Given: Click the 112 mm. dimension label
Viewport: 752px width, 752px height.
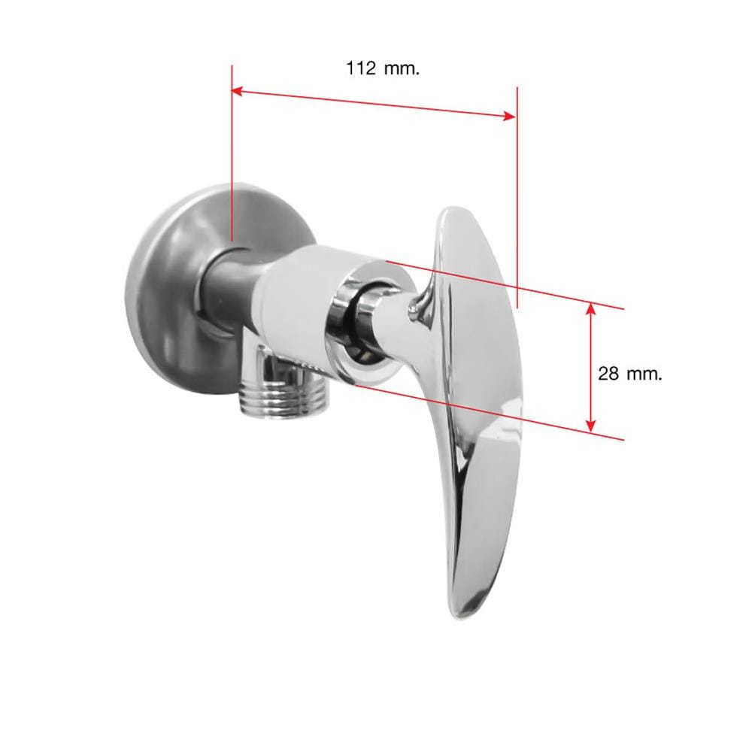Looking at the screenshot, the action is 383,68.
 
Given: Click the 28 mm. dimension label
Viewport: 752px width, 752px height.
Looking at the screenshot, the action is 630,373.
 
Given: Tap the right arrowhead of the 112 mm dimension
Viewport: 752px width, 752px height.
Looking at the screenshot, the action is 510,116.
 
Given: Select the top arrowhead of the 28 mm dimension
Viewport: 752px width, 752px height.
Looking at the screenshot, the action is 591,309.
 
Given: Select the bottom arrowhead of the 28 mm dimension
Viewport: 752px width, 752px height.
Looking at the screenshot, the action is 591,425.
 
